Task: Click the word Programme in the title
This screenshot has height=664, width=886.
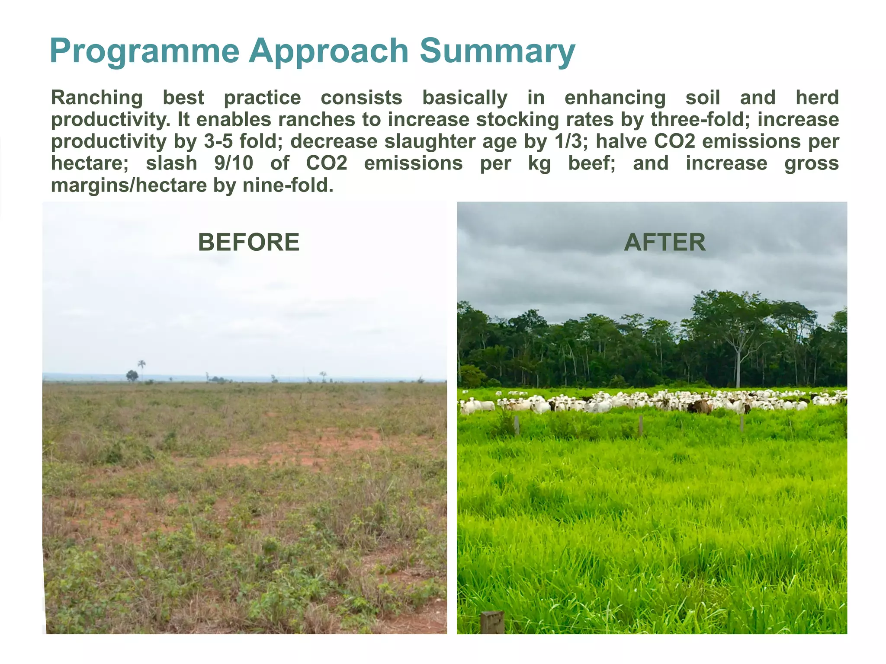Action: point(144,52)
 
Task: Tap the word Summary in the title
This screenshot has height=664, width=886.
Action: point(497,52)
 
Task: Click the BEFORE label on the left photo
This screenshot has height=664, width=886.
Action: point(248,242)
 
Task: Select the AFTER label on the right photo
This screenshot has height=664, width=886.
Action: point(664,242)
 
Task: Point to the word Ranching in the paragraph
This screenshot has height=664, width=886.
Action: point(97,98)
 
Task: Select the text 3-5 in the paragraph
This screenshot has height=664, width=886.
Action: point(218,142)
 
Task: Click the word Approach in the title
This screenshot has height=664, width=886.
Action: point(328,52)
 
